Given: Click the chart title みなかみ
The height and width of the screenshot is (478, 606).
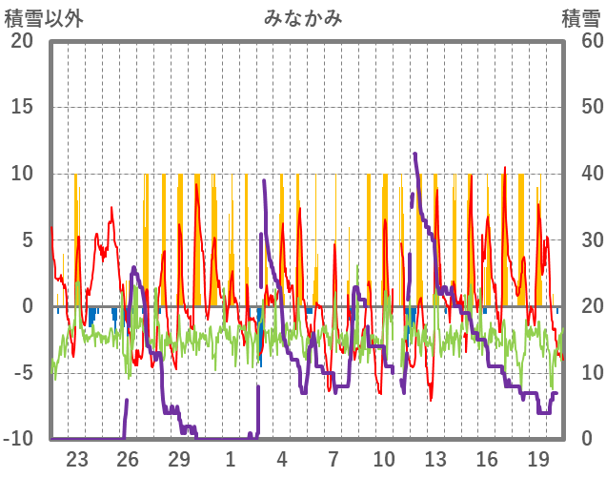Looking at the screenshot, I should (303, 18).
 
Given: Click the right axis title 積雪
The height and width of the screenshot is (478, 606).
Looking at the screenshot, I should (580, 18).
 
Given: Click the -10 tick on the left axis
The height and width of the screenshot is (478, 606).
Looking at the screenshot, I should (19, 439).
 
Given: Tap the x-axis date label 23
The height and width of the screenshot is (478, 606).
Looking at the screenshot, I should (77, 458).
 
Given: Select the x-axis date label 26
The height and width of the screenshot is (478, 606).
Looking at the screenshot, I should (129, 458).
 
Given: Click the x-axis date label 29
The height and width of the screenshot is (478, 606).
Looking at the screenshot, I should (179, 458).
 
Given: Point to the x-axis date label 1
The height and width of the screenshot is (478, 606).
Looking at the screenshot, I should (231, 458).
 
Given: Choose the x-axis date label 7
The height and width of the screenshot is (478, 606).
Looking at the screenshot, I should (333, 458).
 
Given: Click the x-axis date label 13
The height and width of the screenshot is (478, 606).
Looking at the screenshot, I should (435, 458).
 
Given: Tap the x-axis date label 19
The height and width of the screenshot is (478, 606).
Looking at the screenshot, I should (537, 458).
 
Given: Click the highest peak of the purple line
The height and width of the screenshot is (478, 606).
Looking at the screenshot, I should (414, 154).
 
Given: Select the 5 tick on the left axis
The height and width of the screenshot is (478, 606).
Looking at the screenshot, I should (27, 240).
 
